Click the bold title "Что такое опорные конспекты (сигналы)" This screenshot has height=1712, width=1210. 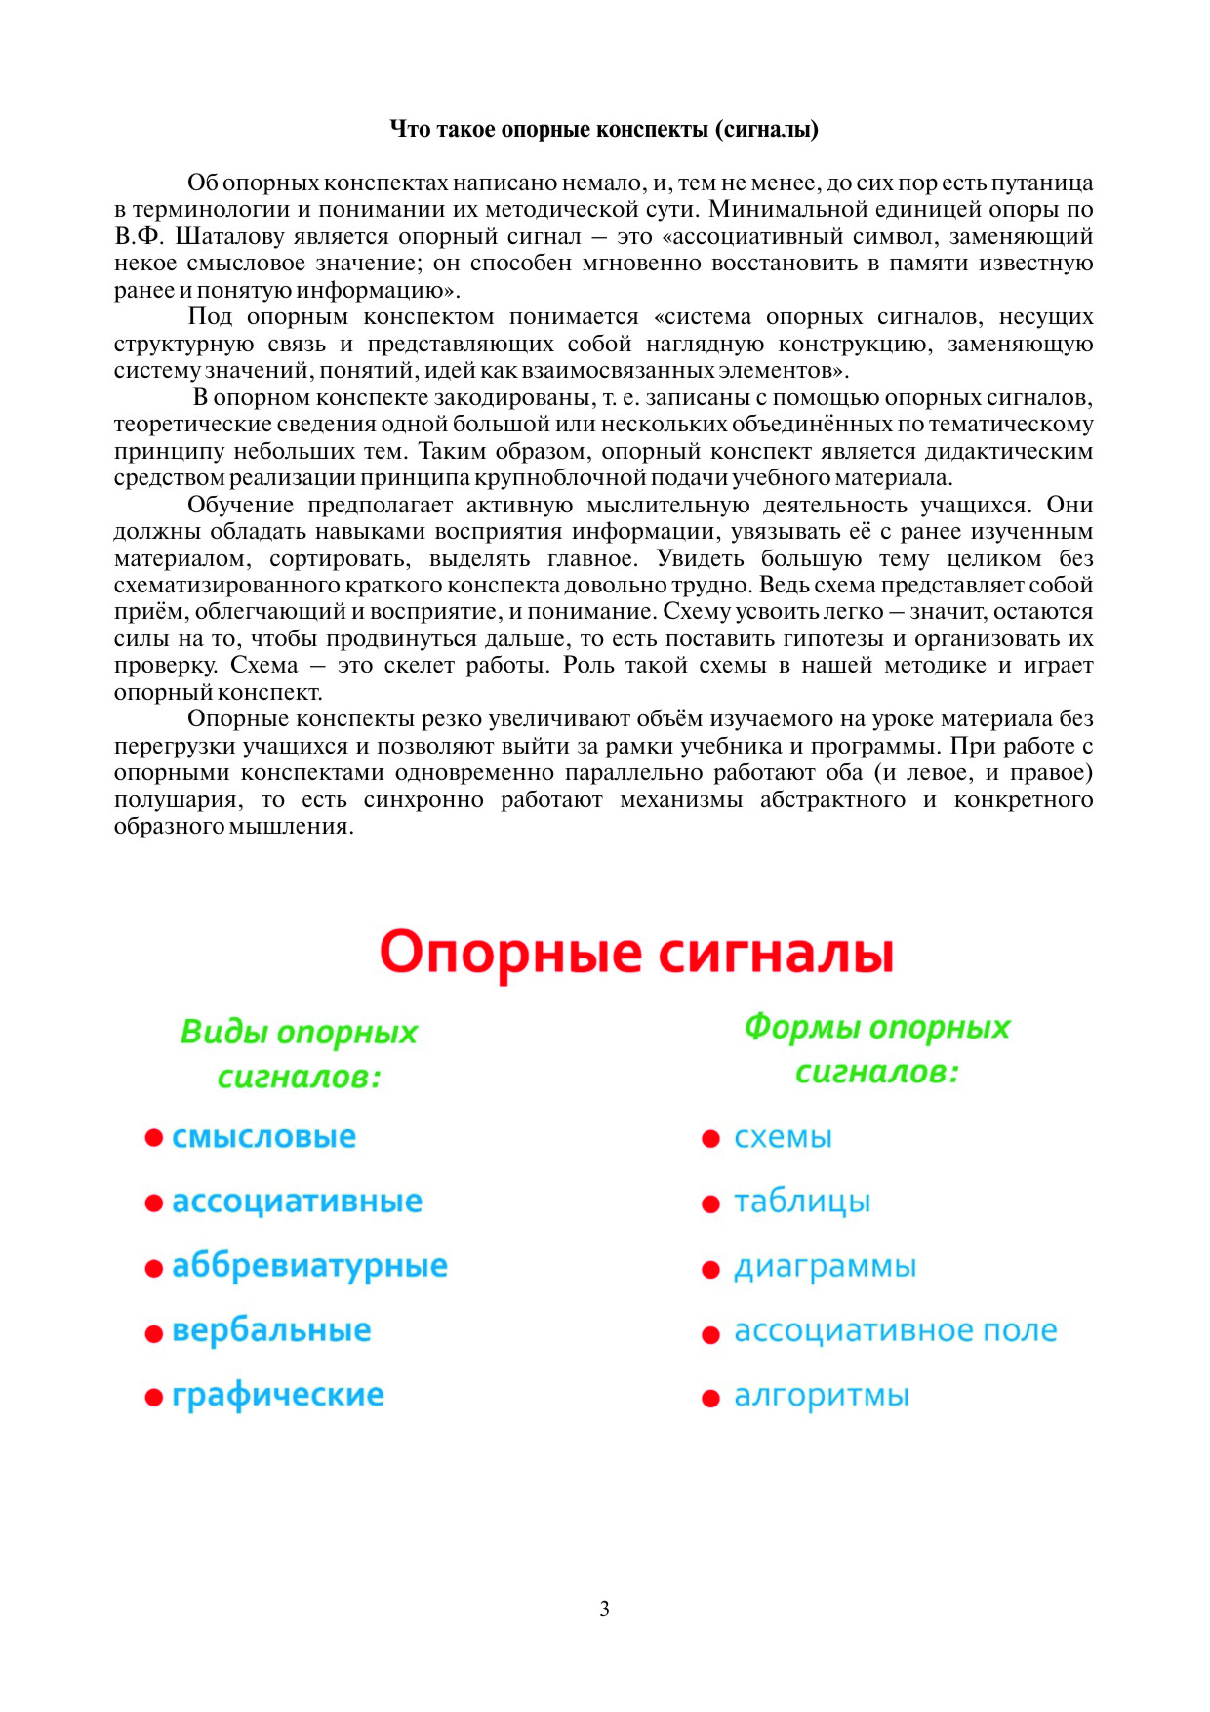(x=604, y=129)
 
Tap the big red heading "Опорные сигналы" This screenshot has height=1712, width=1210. (x=636, y=952)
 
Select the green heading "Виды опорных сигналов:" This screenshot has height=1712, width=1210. (x=299, y=1054)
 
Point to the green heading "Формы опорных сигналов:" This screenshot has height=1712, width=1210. (x=876, y=1049)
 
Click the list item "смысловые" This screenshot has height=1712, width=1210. (x=263, y=1137)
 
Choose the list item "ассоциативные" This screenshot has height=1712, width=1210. (x=297, y=1202)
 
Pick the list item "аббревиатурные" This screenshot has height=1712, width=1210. (x=309, y=1266)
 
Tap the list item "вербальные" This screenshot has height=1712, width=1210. (x=271, y=1330)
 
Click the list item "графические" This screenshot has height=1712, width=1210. (x=277, y=1396)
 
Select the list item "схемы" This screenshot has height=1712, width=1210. (x=783, y=1138)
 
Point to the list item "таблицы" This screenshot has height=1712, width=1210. (x=802, y=1202)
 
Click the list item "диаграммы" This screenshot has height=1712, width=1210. (x=825, y=1267)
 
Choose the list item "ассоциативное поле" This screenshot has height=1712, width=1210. (x=895, y=1331)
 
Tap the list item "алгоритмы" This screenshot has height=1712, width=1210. (x=821, y=1397)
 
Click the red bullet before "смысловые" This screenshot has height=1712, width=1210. (x=153, y=1138)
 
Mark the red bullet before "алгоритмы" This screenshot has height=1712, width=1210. (x=710, y=1399)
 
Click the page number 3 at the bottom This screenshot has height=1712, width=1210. (x=604, y=1609)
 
